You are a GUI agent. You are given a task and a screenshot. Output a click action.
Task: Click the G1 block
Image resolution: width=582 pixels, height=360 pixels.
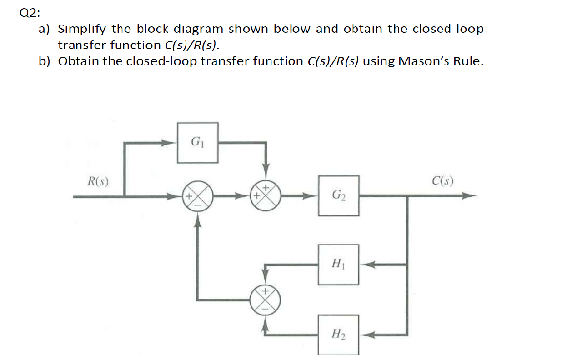click(197, 142)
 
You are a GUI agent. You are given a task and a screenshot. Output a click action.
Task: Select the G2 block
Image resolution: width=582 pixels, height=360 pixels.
click(338, 196)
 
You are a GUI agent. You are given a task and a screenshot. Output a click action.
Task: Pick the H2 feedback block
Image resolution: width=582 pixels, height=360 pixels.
click(338, 335)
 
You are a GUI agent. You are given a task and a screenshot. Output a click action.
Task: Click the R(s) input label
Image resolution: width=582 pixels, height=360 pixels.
click(98, 181)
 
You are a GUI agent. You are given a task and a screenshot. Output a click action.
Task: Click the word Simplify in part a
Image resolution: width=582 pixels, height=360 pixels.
click(83, 29)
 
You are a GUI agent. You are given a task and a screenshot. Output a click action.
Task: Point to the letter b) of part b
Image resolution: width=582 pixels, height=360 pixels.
click(44, 61)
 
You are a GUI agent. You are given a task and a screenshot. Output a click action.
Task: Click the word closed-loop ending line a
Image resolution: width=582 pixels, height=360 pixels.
click(448, 29)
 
